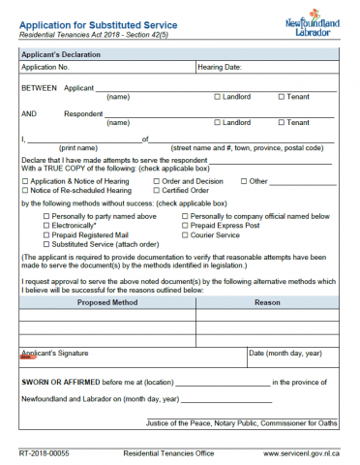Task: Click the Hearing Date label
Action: click(223, 68)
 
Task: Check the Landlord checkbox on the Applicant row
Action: click(217, 97)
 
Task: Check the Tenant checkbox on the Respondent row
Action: click(282, 123)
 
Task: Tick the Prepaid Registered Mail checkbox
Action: click(46, 234)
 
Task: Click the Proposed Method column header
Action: click(107, 302)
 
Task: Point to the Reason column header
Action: click(267, 302)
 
